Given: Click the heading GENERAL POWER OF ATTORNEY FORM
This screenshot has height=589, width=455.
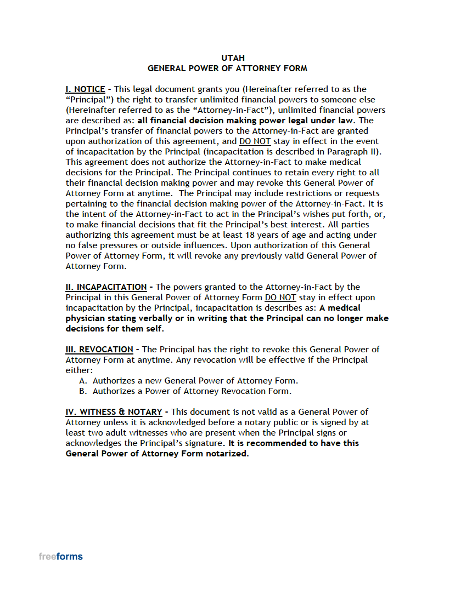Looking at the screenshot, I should [x=227, y=68].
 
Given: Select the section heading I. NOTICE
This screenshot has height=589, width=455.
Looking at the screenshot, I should [x=85, y=89].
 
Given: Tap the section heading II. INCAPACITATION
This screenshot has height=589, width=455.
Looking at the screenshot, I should [x=106, y=287].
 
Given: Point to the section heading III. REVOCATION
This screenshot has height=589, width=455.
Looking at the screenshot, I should [x=99, y=350].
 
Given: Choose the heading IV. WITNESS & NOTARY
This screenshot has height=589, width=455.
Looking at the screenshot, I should [x=114, y=412].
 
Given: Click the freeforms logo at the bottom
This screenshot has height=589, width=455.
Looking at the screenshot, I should [x=60, y=557].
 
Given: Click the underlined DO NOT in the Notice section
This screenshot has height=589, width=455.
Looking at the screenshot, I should [x=255, y=141].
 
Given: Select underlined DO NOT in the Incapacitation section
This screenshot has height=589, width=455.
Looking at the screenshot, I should [x=280, y=298].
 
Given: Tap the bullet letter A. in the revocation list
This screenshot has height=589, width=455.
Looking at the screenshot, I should [x=83, y=381].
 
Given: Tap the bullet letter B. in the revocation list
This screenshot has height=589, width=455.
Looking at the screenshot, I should [x=83, y=391].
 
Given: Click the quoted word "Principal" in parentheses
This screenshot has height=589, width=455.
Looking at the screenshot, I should [x=89, y=100].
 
